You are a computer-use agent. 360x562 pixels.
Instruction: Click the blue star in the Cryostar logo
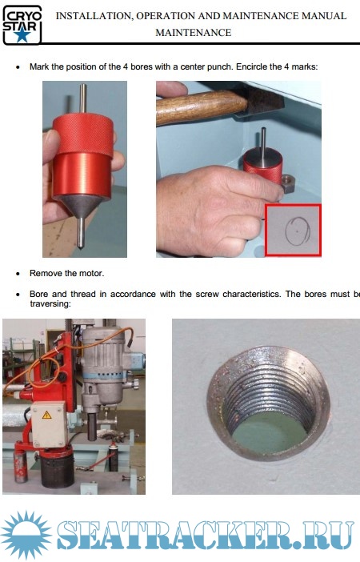tap(22, 35)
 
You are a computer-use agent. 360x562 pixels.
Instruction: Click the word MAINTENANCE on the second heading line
tap(194, 33)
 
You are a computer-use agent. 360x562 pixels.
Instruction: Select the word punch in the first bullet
tap(220, 67)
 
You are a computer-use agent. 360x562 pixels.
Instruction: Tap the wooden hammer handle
tap(202, 106)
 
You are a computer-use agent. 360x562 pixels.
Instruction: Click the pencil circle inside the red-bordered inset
tap(298, 231)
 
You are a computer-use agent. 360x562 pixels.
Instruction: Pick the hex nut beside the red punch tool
tap(288, 183)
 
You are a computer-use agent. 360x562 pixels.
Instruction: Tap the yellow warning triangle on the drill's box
tap(47, 415)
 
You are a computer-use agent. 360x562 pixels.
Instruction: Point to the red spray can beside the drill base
tap(21, 466)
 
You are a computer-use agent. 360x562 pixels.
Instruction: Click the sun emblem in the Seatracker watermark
tap(26, 535)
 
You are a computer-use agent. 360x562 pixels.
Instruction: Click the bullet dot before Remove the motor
tap(18, 274)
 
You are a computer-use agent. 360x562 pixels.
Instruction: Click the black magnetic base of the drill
tap(58, 469)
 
